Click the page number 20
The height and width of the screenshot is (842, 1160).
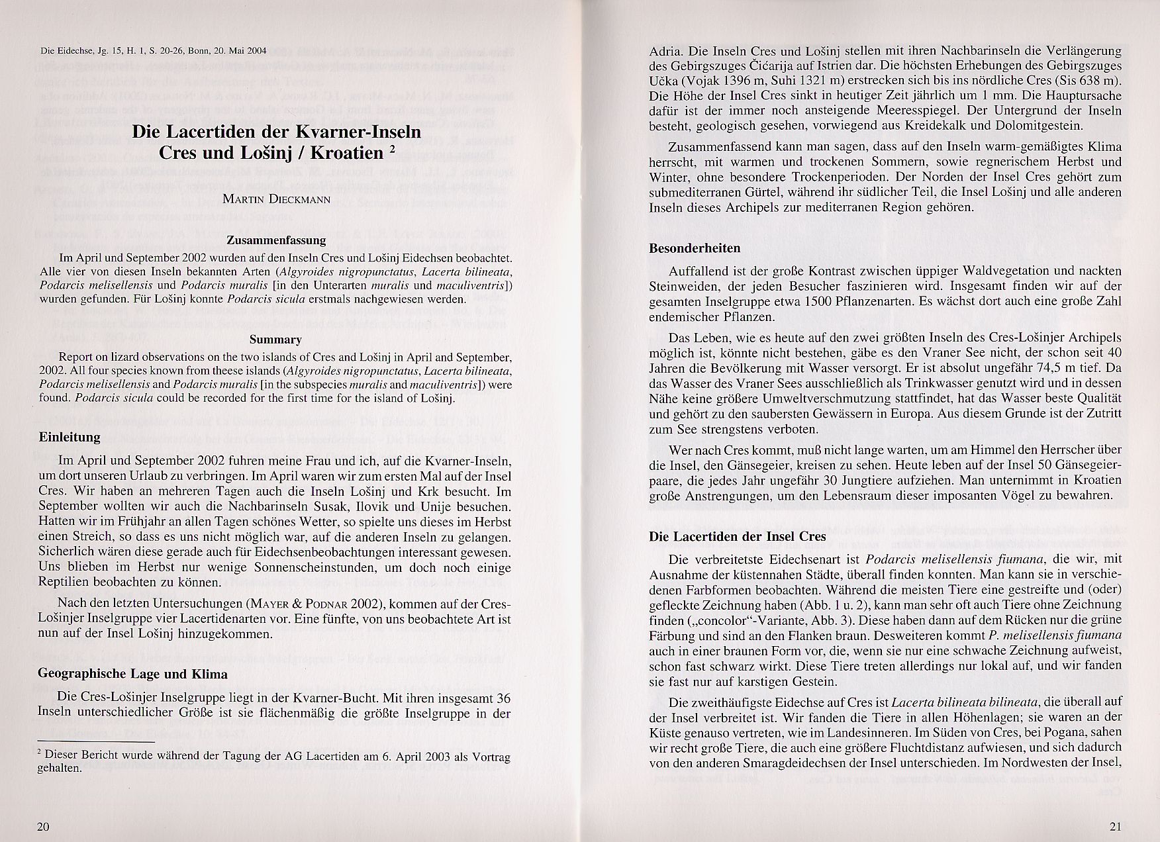tap(44, 827)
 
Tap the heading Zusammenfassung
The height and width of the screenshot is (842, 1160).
tap(276, 240)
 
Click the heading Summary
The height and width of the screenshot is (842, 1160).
tap(275, 340)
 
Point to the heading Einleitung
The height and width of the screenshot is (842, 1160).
tap(70, 437)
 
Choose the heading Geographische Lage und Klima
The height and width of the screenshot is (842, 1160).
tap(132, 674)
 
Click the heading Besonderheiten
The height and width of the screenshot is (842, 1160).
tap(695, 248)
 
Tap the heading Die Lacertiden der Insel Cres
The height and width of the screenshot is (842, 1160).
tap(738, 536)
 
